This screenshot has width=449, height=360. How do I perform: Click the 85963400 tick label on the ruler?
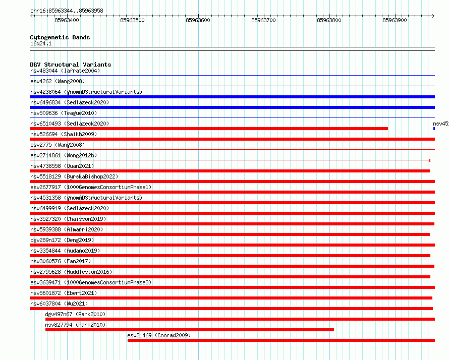[x=67, y=20]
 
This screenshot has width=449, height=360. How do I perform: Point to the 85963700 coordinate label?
[x=263, y=20]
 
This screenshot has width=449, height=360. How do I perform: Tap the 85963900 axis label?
[x=395, y=20]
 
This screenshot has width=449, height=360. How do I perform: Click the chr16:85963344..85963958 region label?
[x=67, y=11]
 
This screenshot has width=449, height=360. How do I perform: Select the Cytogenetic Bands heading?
[x=60, y=37]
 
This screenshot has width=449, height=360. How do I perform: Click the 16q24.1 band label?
[x=41, y=43]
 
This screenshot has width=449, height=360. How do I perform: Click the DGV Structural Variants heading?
[x=71, y=65]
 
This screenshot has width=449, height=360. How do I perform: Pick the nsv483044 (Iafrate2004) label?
[x=65, y=71]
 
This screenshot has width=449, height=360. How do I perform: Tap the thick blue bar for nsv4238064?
[x=232, y=97]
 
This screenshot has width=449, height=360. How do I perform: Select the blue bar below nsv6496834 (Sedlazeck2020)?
[x=232, y=107]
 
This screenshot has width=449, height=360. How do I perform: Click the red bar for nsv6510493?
[x=209, y=129]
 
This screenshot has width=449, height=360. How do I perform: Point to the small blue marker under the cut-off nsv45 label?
[x=434, y=129]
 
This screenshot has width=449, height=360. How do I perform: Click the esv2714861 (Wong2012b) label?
[x=64, y=155]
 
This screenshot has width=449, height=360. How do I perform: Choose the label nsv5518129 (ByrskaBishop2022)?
[x=74, y=176]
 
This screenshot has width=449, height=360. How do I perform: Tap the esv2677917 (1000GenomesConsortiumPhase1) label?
[x=91, y=187]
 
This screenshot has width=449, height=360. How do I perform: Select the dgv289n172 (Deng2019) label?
[x=62, y=240]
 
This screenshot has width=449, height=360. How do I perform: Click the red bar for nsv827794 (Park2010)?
[x=190, y=330]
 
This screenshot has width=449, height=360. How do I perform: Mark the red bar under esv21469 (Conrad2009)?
[x=281, y=340]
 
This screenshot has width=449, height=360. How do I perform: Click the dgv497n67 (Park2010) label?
[x=75, y=314]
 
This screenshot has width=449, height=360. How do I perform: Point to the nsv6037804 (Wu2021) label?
[x=59, y=304]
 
